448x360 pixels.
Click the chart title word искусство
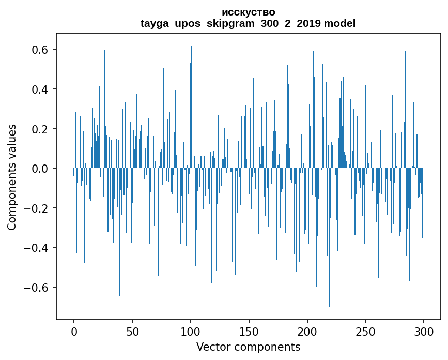(248, 12)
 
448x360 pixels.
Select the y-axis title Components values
(12, 177)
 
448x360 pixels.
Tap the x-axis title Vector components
(248, 347)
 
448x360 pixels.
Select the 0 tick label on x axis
(74, 331)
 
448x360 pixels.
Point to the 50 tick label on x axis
(132, 331)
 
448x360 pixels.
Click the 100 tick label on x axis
(191, 331)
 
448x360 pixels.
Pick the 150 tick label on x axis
(249, 331)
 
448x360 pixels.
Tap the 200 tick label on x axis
(307, 331)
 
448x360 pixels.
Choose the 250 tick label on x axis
(365, 331)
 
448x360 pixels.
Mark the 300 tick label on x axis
(424, 331)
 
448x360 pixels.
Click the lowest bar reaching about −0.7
(329, 290)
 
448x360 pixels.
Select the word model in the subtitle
(339, 23)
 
